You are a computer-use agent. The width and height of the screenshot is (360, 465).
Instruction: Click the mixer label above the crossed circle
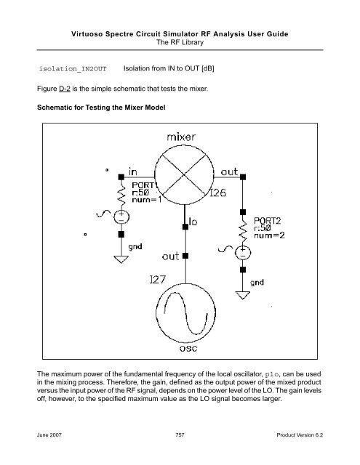[x=181, y=137]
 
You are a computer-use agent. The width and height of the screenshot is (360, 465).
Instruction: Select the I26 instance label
[x=218, y=193]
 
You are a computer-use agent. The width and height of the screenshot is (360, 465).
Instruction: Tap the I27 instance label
[x=157, y=279]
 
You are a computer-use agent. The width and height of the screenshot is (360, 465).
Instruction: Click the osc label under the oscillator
[x=188, y=348]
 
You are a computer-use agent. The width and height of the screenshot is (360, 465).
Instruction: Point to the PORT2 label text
[x=267, y=221]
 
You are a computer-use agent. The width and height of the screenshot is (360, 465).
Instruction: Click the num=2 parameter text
[x=269, y=235]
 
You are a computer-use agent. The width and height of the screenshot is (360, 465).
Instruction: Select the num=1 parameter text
[x=147, y=200]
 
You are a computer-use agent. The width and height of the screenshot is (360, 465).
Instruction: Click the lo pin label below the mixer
[x=193, y=222]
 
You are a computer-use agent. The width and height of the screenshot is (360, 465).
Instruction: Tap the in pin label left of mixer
[x=132, y=171]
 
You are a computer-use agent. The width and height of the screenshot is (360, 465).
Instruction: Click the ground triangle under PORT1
[x=121, y=259]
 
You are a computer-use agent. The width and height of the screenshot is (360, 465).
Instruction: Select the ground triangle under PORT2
[x=242, y=295]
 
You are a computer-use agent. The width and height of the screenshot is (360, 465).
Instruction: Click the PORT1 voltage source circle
[x=121, y=217]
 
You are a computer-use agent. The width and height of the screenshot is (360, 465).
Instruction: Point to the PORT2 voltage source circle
[x=243, y=253]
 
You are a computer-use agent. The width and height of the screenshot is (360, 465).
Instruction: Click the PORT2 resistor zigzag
[x=243, y=230]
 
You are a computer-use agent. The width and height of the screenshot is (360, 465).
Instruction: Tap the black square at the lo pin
[x=185, y=227]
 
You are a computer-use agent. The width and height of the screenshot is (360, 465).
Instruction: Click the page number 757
[x=180, y=435]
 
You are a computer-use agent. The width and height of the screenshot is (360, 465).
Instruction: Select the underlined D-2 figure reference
[x=65, y=89]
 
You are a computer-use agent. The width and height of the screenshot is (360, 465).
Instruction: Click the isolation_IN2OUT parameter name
[x=73, y=69]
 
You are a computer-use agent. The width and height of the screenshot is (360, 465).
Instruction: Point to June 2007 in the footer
[x=49, y=435]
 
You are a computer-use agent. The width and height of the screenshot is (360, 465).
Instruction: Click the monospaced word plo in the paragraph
[x=272, y=375]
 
